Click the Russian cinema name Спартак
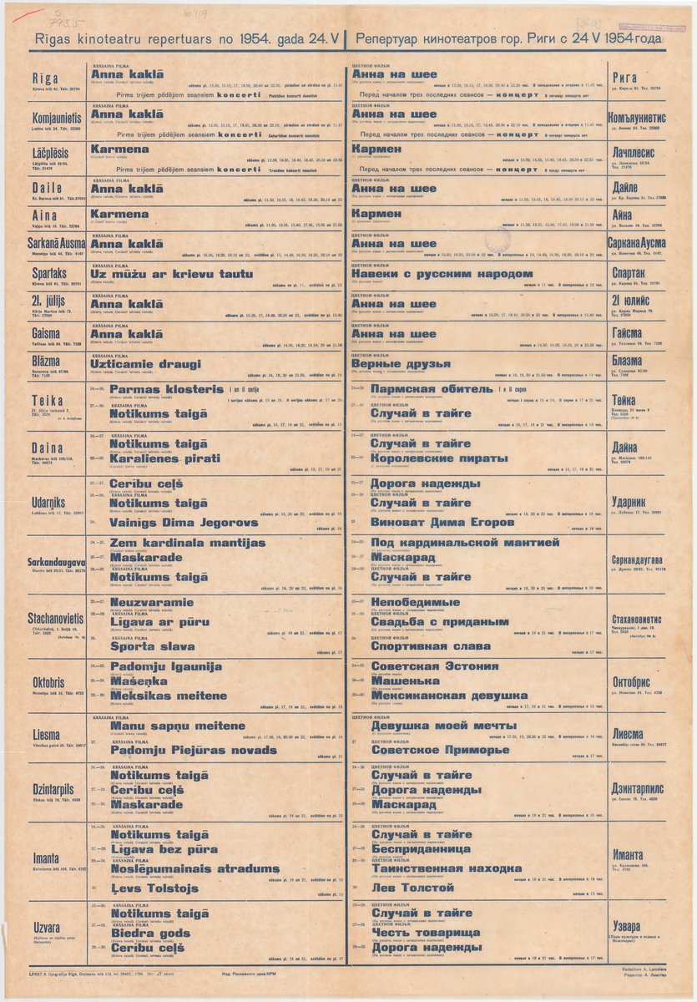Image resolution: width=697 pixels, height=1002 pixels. [639, 274]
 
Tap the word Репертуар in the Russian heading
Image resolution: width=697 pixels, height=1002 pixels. [396, 38]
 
